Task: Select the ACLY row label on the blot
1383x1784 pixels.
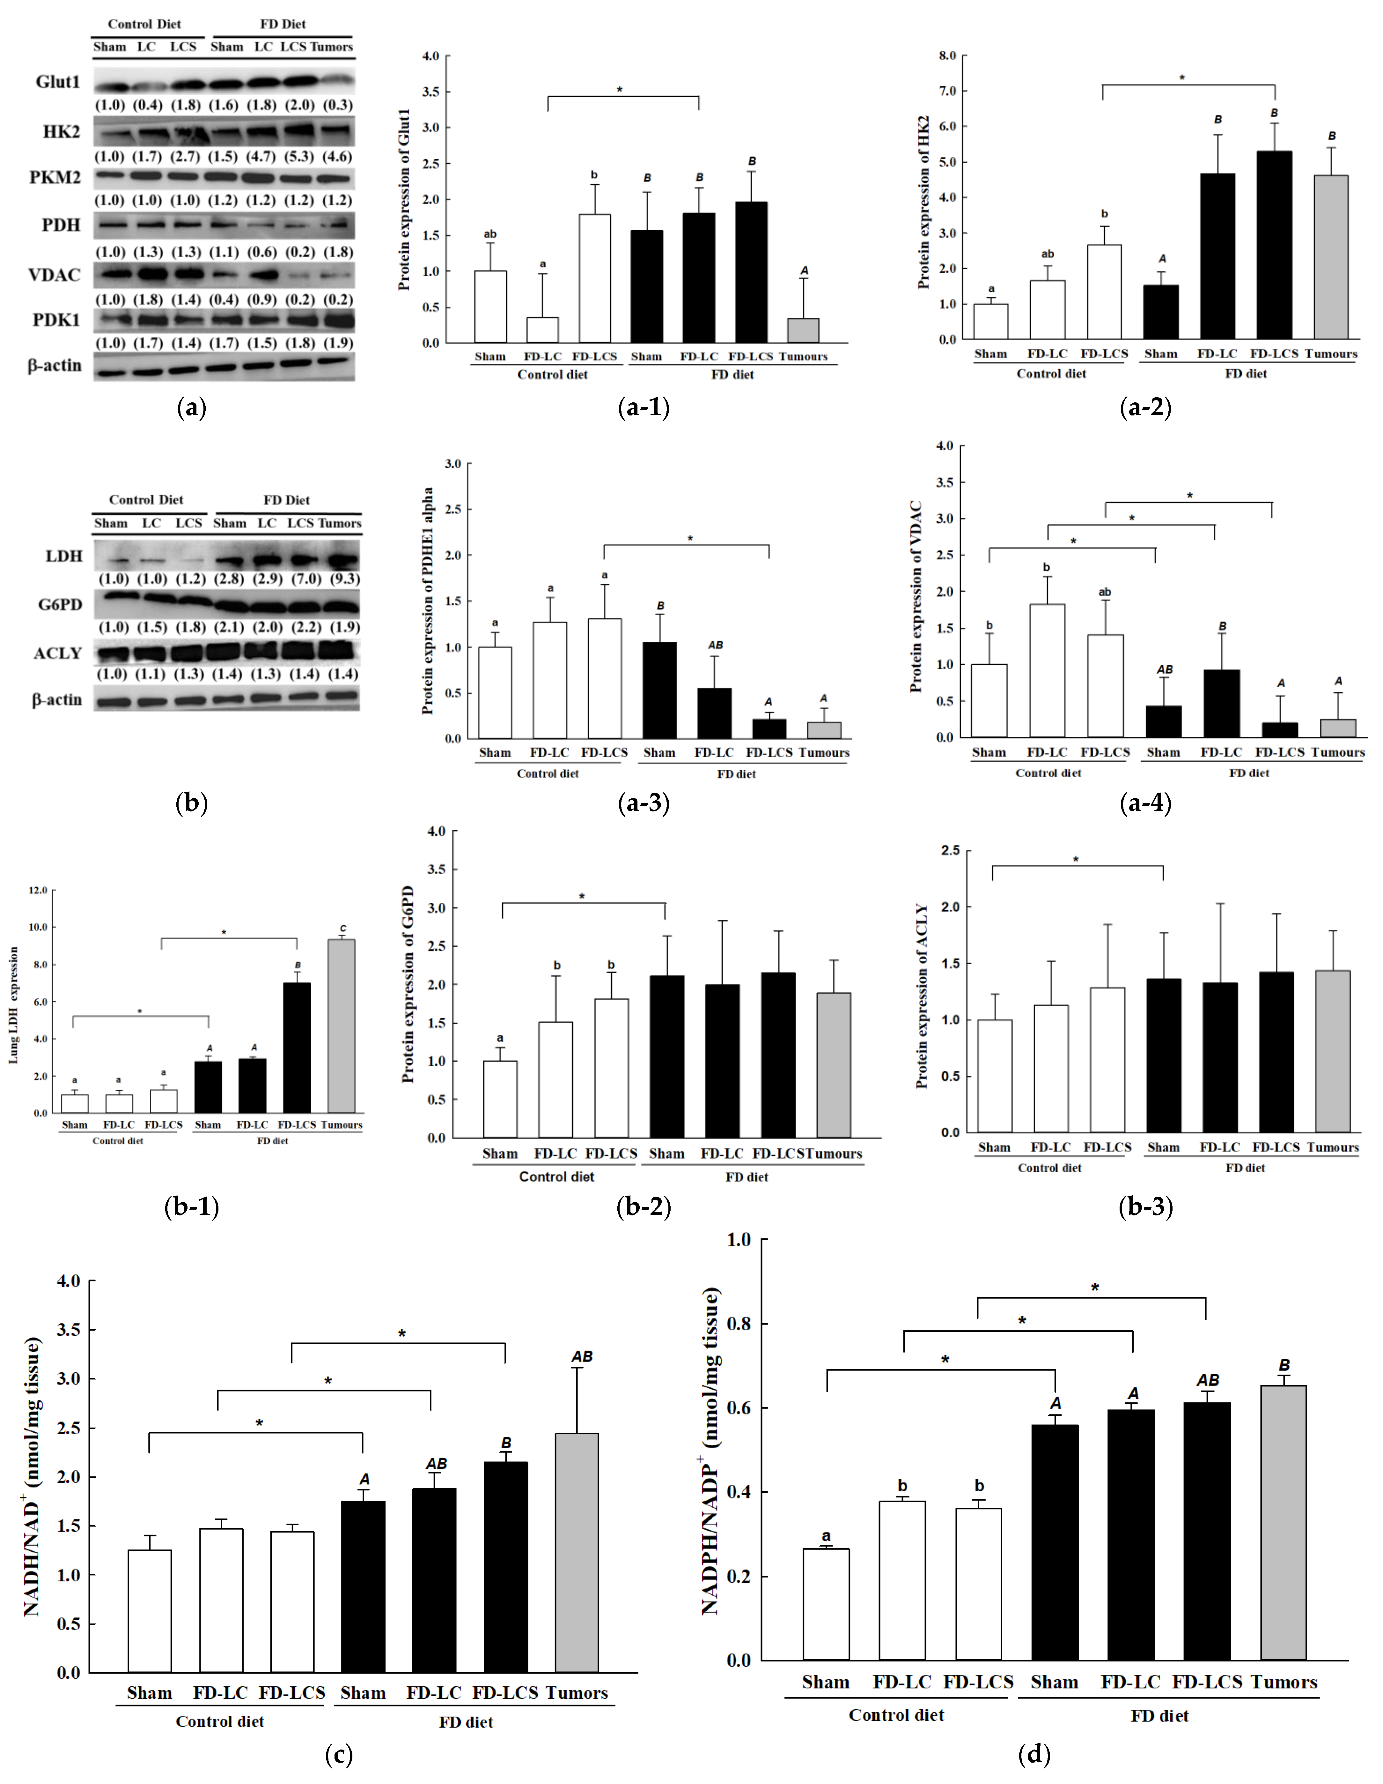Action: pos(58,653)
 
